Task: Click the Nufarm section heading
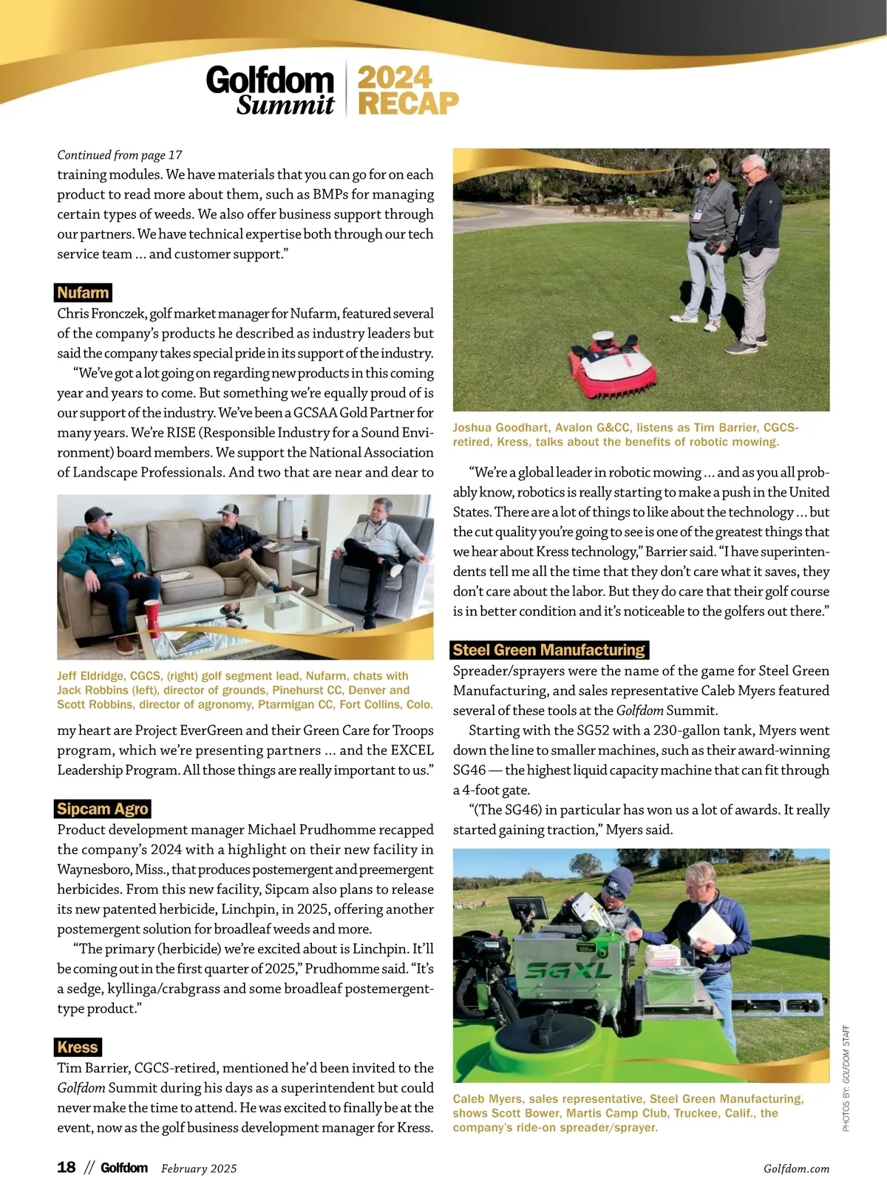coord(83,292)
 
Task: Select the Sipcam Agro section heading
coord(103,809)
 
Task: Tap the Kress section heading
coord(78,1047)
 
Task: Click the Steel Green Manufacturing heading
coord(549,650)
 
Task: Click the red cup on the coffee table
coord(152,617)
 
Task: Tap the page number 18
coord(67,1167)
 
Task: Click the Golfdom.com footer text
coord(796,1169)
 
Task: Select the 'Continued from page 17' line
coord(120,155)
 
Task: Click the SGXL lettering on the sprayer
coord(567,971)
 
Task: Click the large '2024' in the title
coord(394,78)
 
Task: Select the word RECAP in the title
coord(408,103)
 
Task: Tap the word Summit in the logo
coord(285,106)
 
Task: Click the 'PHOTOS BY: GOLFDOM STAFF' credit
coord(846,1078)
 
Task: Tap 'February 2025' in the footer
coord(199,1169)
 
